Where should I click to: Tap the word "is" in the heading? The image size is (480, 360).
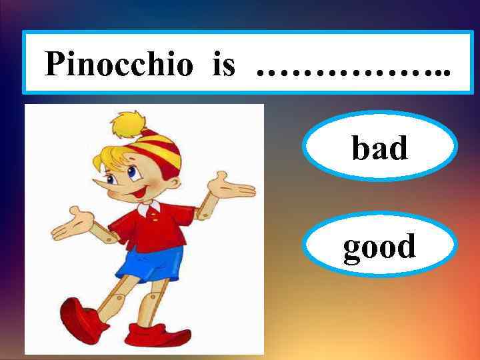pyautogui.click(x=225, y=64)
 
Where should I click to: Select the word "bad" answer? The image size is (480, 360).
pyautogui.click(x=379, y=148)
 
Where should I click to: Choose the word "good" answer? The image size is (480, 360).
pyautogui.click(x=379, y=247)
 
